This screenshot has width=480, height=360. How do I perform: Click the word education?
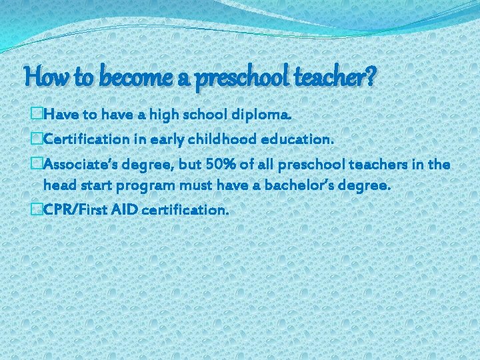pos(297,139)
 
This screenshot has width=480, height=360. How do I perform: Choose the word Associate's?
pos(79,164)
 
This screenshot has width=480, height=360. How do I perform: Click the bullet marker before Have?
pos(36,115)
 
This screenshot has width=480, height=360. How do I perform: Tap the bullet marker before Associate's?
pos(36,164)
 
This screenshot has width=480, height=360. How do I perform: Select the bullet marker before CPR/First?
pos(36,209)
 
